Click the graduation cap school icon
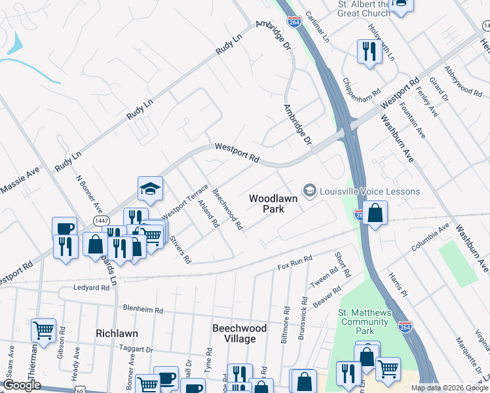150,189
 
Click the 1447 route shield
101,221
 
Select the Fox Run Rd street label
295,264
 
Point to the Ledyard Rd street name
91,288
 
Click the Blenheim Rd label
142,307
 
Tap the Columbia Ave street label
430,238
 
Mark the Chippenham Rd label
362,94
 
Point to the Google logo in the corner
22,386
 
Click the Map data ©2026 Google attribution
449,388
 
